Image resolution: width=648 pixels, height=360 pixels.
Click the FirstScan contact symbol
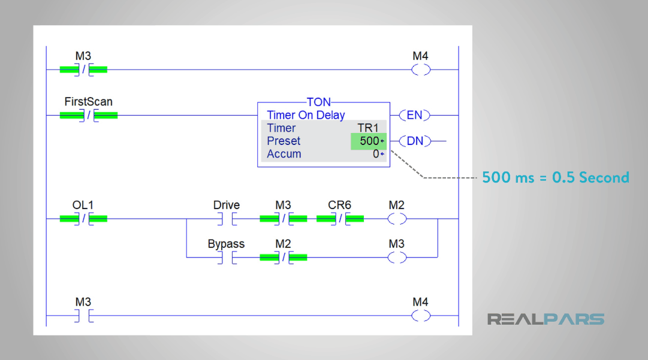(89, 115)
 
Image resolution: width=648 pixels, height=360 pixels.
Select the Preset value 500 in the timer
(369, 141)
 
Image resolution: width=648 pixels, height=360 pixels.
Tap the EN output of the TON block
(414, 115)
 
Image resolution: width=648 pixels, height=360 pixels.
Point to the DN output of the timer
(414, 141)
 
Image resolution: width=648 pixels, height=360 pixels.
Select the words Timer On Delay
(306, 115)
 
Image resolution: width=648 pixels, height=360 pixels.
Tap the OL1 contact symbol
(84, 219)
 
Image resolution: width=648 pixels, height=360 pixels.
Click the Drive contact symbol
(227, 219)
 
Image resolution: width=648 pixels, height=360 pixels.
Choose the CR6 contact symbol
(340, 219)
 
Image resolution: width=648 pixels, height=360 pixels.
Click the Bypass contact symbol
(227, 258)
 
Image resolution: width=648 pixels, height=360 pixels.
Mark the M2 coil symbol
(397, 219)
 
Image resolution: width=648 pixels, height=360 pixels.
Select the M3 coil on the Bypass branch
(397, 258)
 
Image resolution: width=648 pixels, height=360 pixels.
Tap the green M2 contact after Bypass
(284, 258)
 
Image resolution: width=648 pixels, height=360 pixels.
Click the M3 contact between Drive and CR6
(284, 219)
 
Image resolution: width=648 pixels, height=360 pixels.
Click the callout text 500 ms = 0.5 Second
(556, 177)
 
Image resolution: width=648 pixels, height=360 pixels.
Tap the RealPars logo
(545, 319)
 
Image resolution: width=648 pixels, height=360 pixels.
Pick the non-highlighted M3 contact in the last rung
(84, 316)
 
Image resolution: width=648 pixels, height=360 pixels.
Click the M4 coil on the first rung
(421, 69)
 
